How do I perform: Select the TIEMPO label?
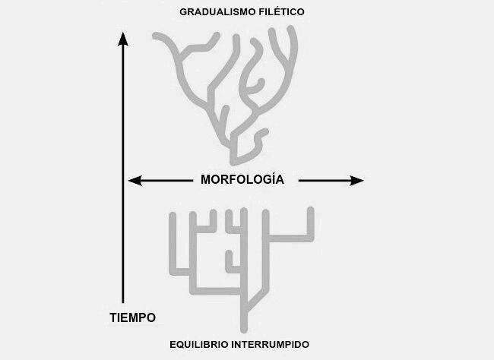pyautogui.click(x=128, y=317)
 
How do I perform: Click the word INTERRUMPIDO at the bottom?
pyautogui.click(x=275, y=345)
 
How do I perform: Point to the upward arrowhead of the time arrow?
pyautogui.click(x=123, y=38)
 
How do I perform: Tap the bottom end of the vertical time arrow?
pyautogui.click(x=123, y=302)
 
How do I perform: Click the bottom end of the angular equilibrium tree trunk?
pyautogui.click(x=244, y=329)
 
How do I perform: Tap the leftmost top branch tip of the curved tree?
pyautogui.click(x=157, y=35)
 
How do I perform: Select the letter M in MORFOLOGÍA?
pyautogui.click(x=206, y=180)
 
